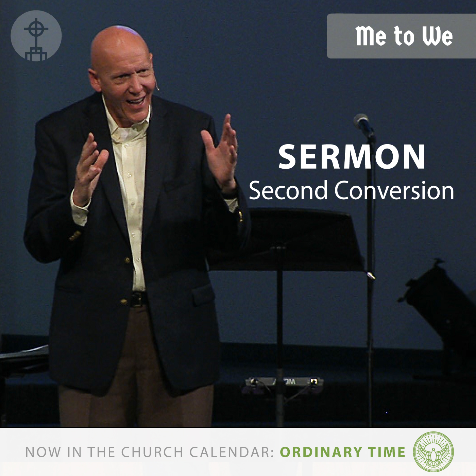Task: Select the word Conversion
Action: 394,190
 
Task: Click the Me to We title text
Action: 404,36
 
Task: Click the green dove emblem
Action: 433,452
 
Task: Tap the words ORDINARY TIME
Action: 343,452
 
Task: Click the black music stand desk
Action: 287,240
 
